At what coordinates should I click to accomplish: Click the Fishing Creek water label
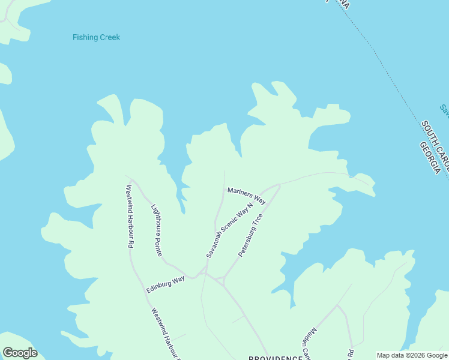tap(96, 37)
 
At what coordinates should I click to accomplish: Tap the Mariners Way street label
tap(246, 195)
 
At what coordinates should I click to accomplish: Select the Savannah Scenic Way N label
tap(230, 229)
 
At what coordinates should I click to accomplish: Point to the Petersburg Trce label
tap(250, 235)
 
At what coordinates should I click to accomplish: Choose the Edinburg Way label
tap(165, 284)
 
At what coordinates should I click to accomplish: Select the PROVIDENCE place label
tap(276, 358)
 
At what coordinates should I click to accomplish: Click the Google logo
tap(20, 353)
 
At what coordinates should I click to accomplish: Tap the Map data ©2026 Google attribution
tap(412, 355)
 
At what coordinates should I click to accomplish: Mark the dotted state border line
tap(384, 66)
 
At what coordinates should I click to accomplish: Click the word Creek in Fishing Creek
tap(109, 37)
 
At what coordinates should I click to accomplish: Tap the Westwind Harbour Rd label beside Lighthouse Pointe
tap(128, 216)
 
